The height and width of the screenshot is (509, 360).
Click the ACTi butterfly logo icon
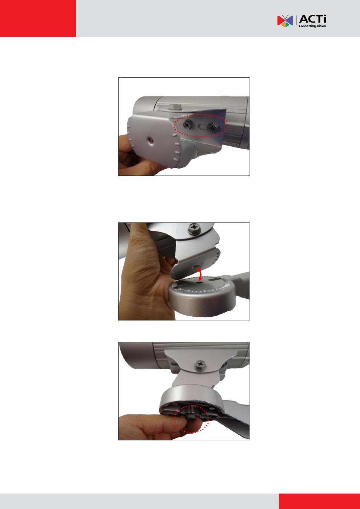pos(285,21)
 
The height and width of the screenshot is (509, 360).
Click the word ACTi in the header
pos(313,19)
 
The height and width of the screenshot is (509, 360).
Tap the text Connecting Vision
pos(312,26)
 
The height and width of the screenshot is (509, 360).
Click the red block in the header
pos(38,18)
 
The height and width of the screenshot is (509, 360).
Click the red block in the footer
pos(319,501)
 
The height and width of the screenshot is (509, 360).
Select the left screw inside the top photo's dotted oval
pos(188,124)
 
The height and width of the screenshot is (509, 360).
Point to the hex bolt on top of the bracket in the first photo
pos(176,106)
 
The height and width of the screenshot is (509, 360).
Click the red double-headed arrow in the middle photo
pos(199,274)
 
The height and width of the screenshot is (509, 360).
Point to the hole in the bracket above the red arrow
pos(195,266)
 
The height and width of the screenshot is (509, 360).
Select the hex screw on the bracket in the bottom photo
pos(200,366)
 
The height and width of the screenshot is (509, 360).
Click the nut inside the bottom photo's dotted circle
pos(190,416)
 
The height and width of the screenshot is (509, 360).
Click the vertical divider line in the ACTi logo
pos(296,20)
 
